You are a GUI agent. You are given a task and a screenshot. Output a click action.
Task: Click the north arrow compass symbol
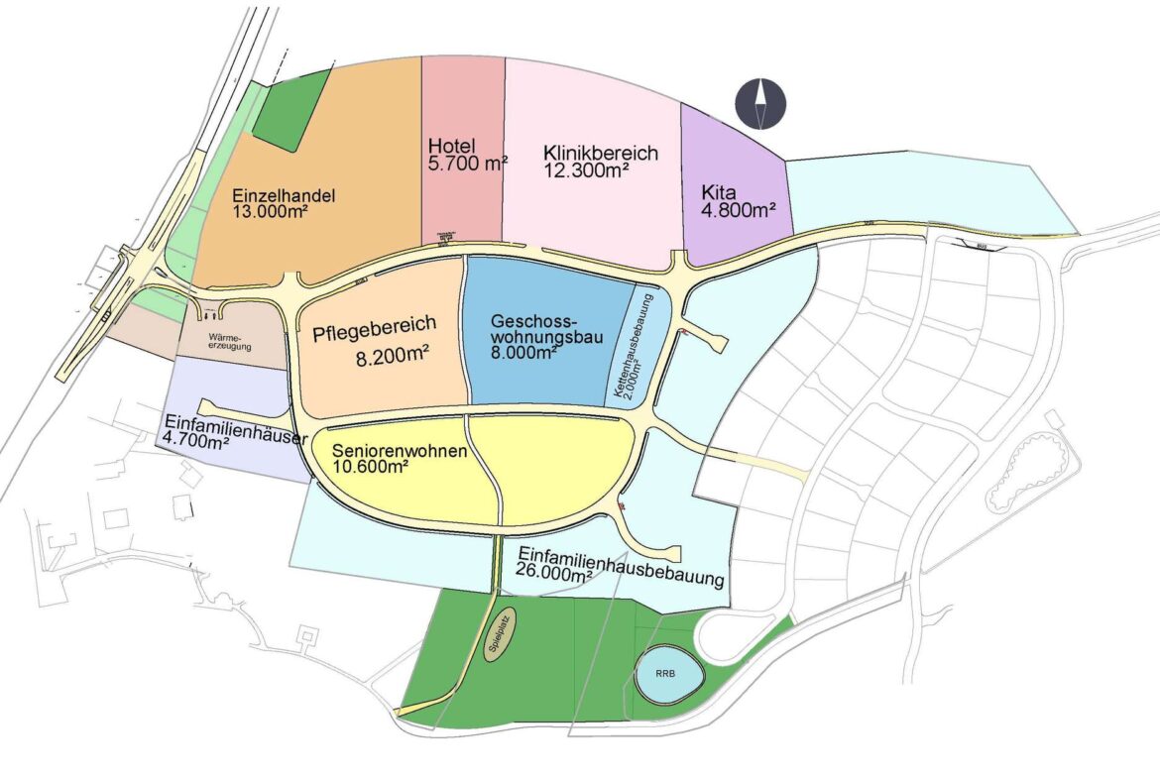760,103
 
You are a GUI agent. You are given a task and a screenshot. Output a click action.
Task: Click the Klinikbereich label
601,154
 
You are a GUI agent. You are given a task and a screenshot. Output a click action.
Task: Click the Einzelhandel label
284,195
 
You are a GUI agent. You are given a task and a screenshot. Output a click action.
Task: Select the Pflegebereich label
374,332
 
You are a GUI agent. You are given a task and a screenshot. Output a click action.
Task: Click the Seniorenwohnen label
401,452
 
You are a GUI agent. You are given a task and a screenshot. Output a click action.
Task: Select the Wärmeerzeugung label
230,342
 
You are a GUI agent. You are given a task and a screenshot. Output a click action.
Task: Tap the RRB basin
667,674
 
